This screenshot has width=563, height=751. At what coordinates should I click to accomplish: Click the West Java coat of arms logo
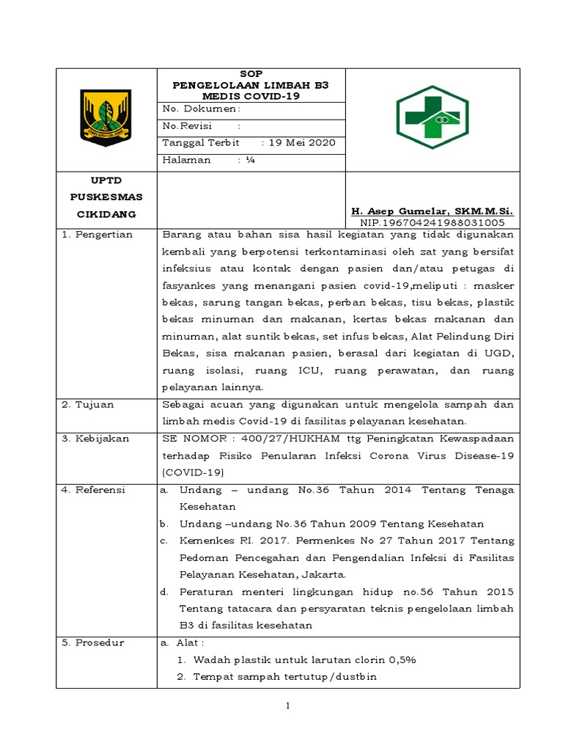(106, 117)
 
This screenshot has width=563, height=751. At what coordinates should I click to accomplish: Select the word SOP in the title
(251, 74)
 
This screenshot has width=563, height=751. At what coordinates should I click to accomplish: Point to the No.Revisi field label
(186, 125)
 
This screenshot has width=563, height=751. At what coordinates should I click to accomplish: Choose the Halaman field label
(186, 159)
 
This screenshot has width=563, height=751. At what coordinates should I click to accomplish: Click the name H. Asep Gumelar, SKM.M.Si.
(433, 210)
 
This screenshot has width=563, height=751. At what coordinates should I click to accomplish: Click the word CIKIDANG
(106, 214)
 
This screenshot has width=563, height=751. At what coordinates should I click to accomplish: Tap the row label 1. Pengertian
(97, 235)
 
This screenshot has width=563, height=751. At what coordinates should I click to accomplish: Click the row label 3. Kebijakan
(95, 438)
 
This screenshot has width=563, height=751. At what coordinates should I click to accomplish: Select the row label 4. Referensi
(94, 489)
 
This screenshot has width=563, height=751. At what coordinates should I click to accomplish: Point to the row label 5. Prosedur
(93, 642)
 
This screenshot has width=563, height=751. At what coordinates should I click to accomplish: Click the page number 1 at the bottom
(288, 706)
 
